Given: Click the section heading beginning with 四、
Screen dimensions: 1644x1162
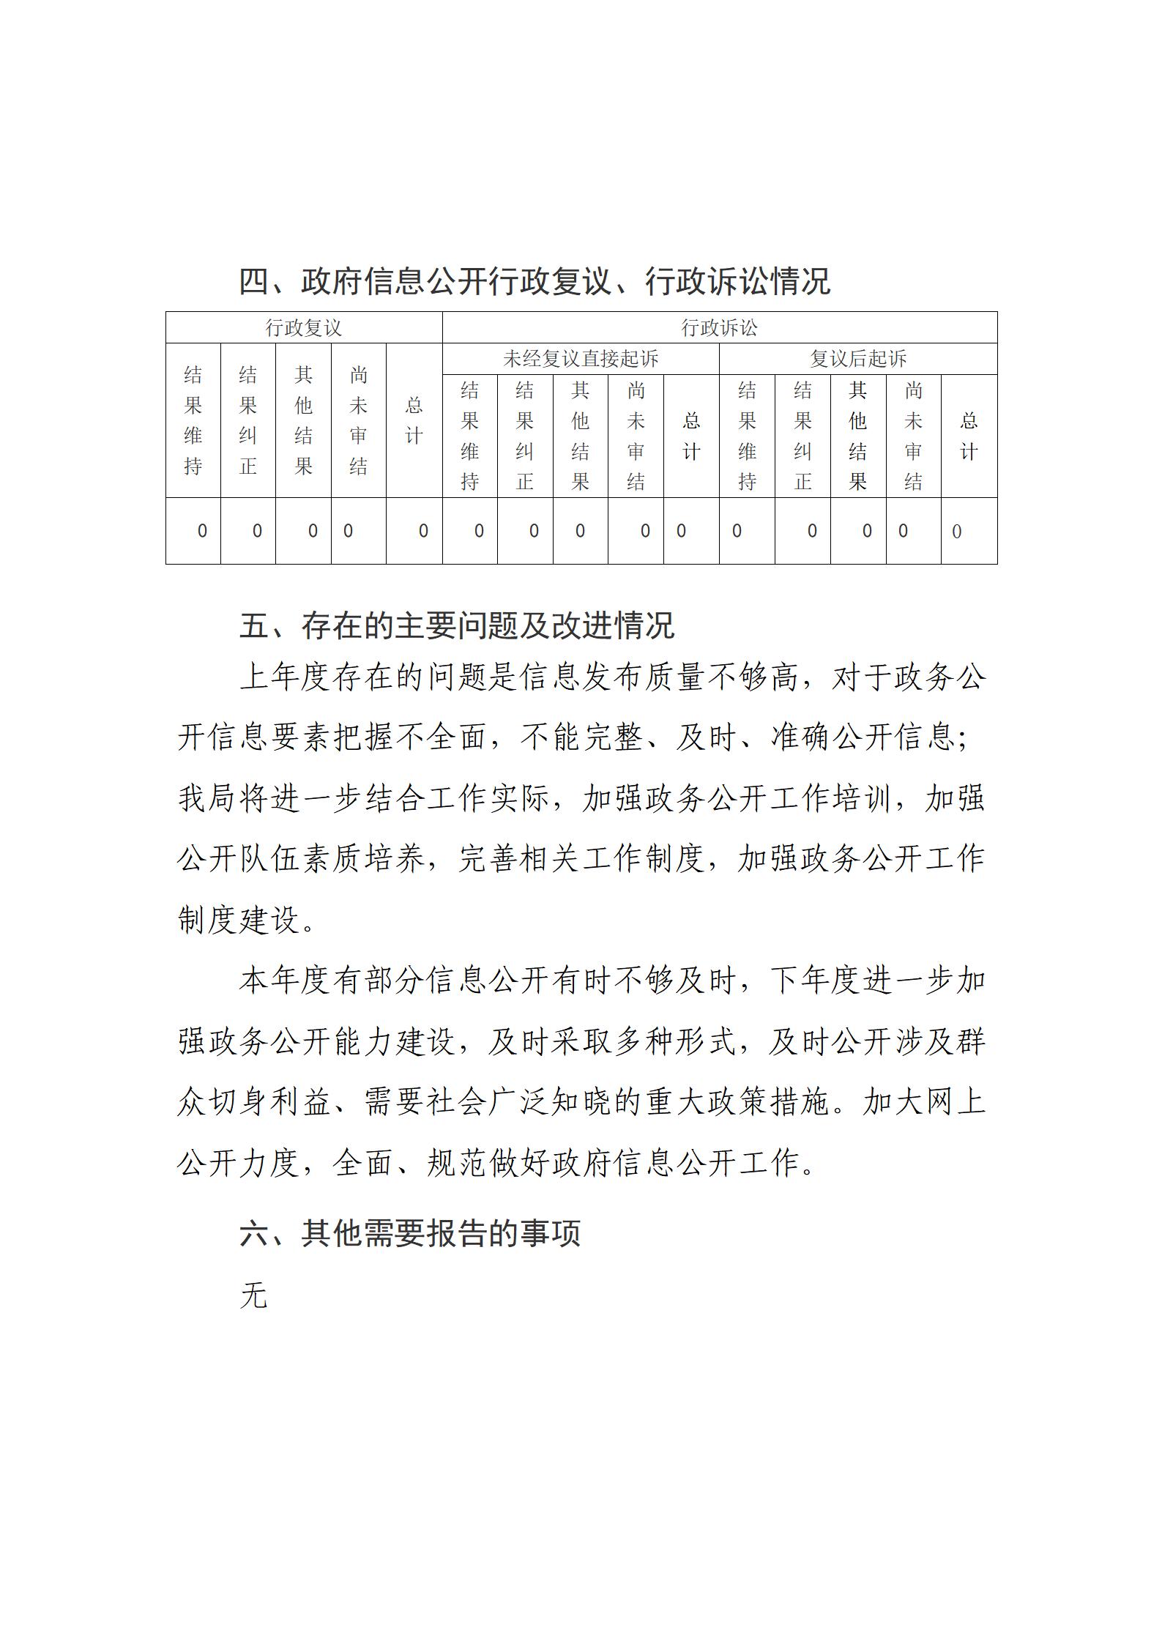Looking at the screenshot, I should point(535,281).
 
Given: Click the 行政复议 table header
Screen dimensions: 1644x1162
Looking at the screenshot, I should point(303,327).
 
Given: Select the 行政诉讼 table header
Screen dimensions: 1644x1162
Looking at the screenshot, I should point(719,327).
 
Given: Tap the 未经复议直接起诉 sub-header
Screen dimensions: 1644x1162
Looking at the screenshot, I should point(580,359).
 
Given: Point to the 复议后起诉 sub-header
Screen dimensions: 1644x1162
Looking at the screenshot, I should point(857,359).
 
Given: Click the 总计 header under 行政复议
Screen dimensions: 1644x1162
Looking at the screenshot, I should point(414,421).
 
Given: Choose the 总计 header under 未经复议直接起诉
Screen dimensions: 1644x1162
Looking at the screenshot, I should point(691,436).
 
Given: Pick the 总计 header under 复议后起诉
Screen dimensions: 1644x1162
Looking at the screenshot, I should point(969,436).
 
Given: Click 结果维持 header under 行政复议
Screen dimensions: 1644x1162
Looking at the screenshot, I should point(193,421).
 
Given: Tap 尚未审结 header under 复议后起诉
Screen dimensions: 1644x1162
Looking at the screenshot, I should point(913,436).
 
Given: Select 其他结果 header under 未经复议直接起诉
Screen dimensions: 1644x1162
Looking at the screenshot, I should point(580,436).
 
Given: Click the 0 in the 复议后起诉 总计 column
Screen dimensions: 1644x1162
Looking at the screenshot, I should point(956,532).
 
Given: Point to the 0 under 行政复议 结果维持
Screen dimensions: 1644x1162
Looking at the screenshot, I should point(202,531).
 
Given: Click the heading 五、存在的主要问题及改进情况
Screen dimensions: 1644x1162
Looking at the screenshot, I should point(456,625).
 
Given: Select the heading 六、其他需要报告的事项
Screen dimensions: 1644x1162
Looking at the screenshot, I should point(410,1233).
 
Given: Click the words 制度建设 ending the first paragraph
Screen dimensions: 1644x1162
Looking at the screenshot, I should point(239,920).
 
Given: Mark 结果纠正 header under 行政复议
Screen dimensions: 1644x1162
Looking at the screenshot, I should point(248,421).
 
